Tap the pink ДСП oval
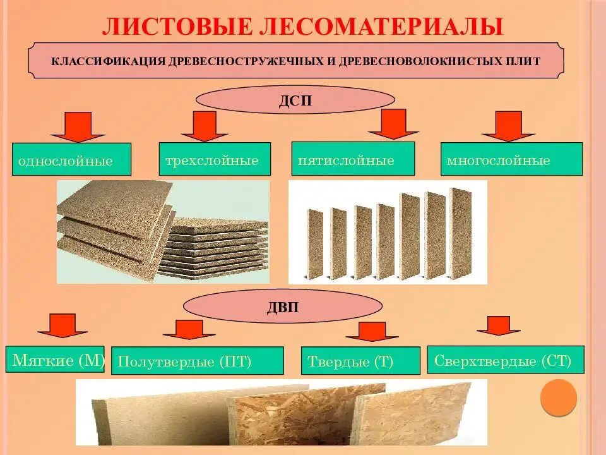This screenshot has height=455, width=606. [295, 100]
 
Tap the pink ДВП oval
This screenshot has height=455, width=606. [283, 308]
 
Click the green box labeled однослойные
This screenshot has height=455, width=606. [71, 159]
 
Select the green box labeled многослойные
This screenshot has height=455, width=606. [511, 159]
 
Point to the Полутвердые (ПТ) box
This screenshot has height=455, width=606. [197, 361]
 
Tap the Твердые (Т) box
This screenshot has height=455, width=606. [360, 361]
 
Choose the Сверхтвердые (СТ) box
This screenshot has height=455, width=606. [506, 360]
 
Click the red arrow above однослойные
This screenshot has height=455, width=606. [78, 126]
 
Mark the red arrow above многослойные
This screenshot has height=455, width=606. [508, 126]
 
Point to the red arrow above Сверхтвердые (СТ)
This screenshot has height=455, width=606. [499, 325]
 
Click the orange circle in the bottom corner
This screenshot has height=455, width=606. [559, 397]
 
